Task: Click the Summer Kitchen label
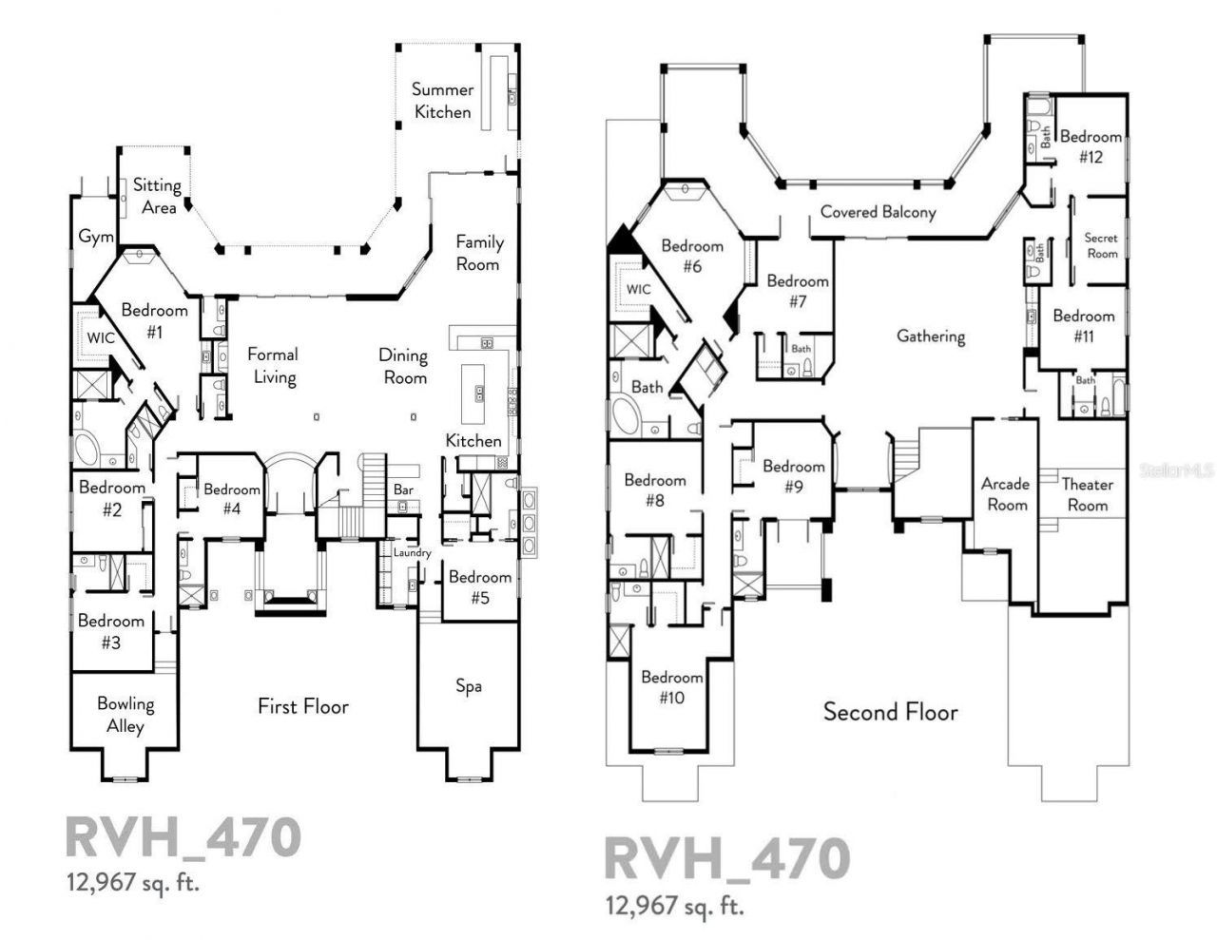pyautogui.click(x=442, y=101)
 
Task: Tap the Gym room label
pyautogui.click(x=95, y=237)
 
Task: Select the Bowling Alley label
pyautogui.click(x=125, y=715)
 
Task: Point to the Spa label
pyautogui.click(x=468, y=685)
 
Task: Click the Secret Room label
pyautogui.click(x=1102, y=245)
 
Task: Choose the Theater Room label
pyautogui.click(x=1087, y=494)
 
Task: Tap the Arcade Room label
pyautogui.click(x=1006, y=494)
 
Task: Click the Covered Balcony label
pyautogui.click(x=878, y=212)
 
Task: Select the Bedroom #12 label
pyautogui.click(x=1091, y=146)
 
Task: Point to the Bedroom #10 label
pyautogui.click(x=671, y=687)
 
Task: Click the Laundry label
pyautogui.click(x=412, y=552)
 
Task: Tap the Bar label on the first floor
pyautogui.click(x=403, y=489)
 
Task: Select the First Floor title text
pyautogui.click(x=302, y=706)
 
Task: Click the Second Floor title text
pyautogui.click(x=890, y=711)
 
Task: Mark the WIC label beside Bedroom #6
pyautogui.click(x=638, y=289)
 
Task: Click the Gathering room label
pyautogui.click(x=930, y=336)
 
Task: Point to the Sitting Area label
pyautogui.click(x=157, y=196)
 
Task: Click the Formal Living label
pyautogui.click(x=273, y=366)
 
